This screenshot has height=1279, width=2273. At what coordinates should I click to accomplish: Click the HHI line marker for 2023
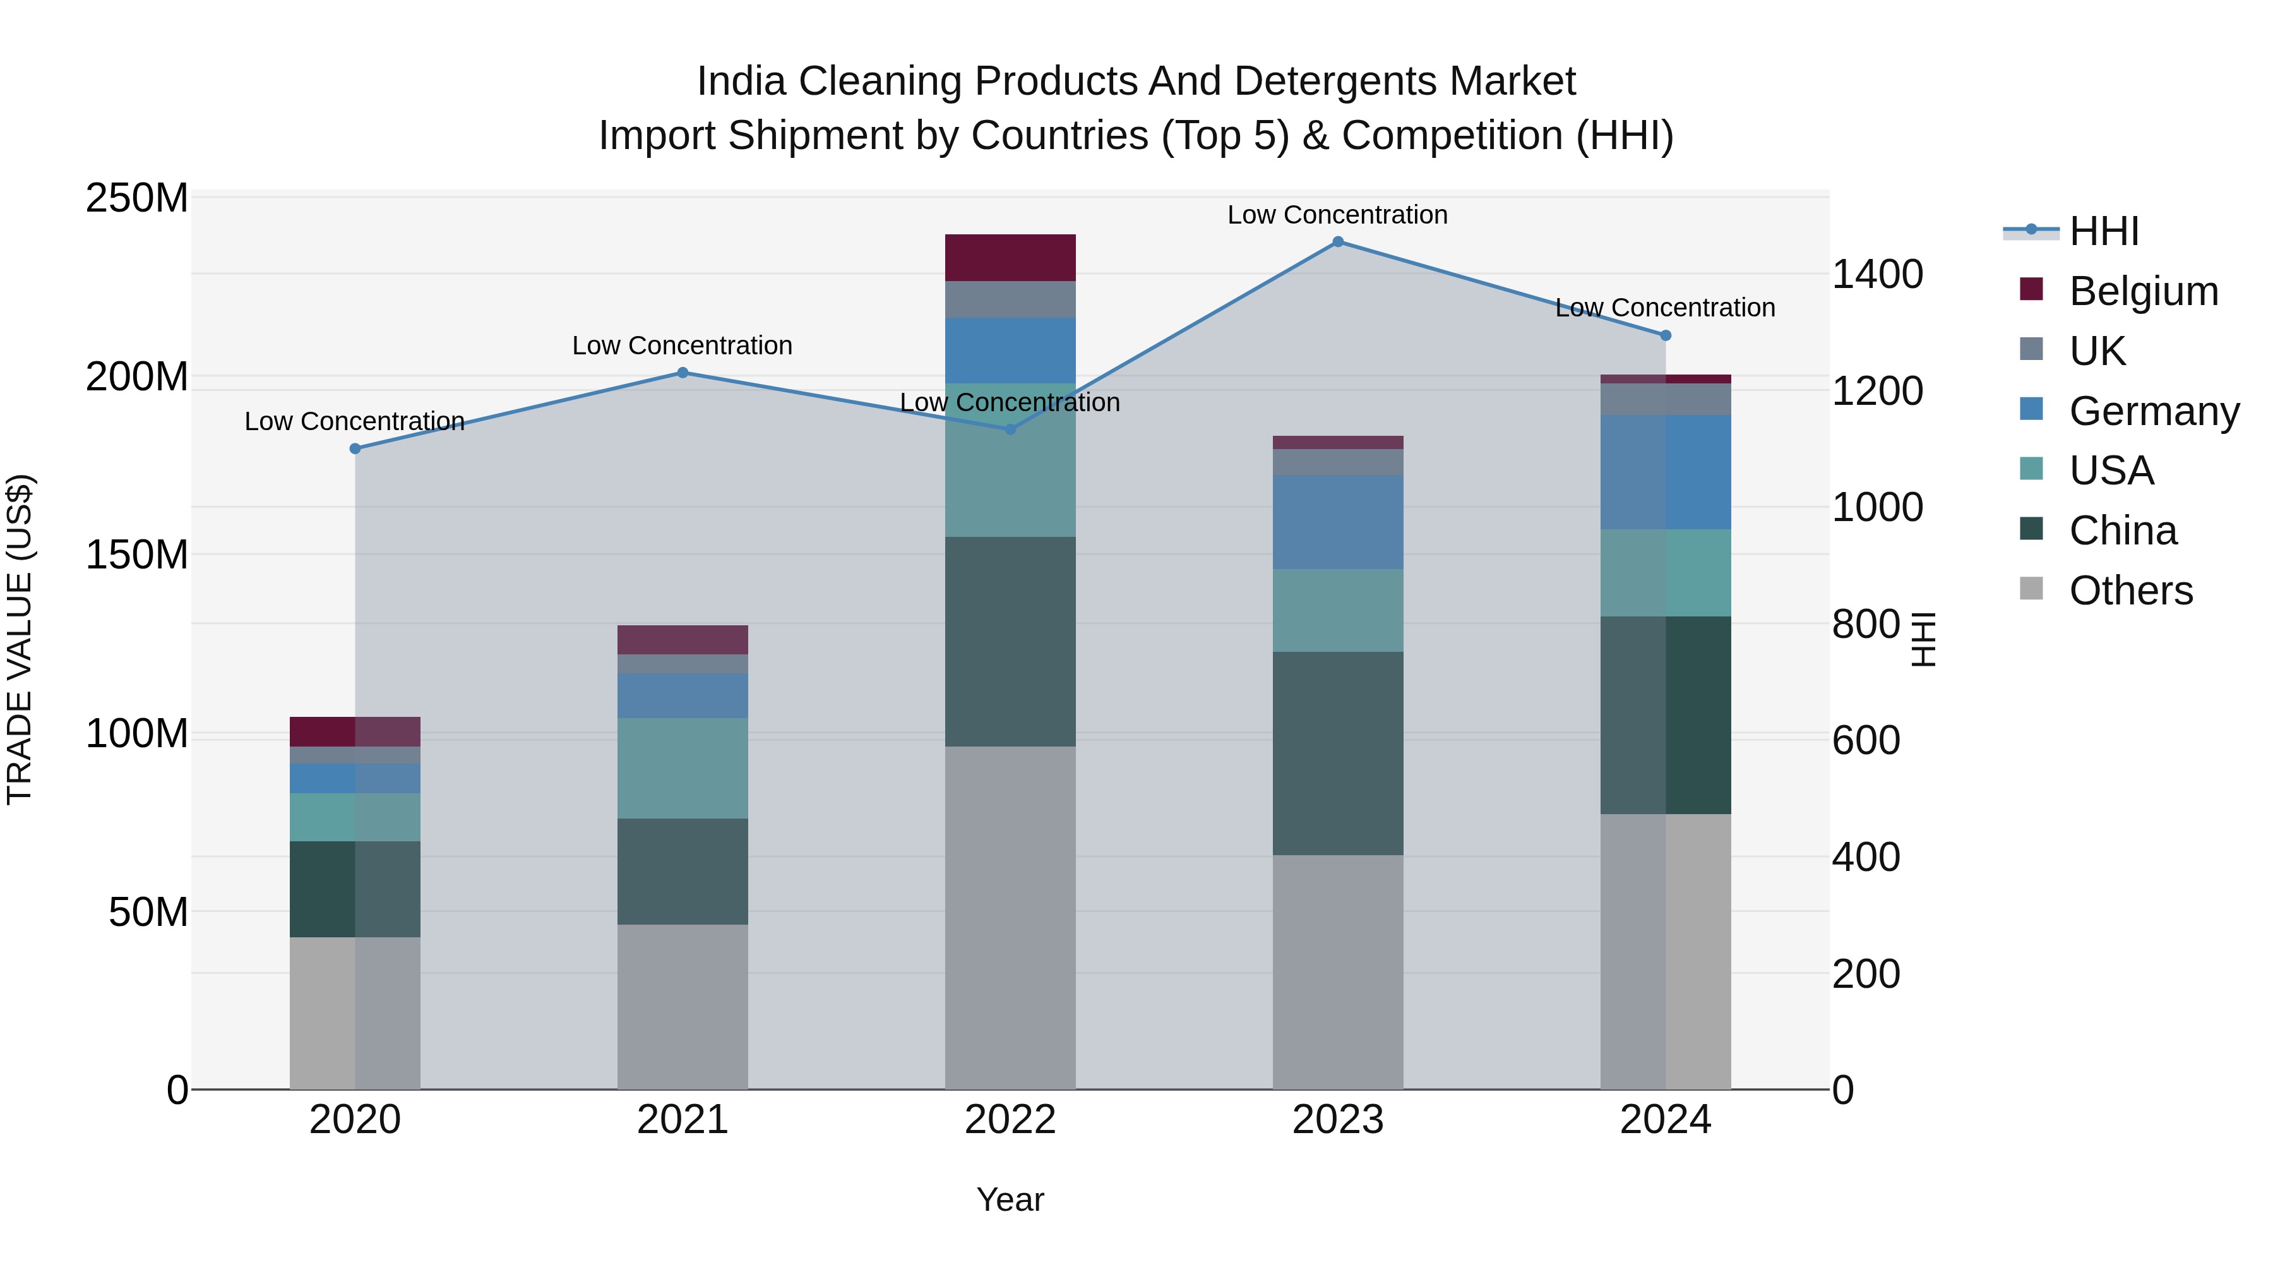1338,242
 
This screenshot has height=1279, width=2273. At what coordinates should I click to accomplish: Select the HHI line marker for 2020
355,448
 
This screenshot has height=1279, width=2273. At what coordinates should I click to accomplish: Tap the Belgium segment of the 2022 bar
1010,258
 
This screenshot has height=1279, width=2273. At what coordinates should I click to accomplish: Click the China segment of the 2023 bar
1338,753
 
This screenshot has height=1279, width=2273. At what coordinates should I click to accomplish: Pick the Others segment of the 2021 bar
682,1006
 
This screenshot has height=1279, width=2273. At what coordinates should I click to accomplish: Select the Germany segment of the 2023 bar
1338,522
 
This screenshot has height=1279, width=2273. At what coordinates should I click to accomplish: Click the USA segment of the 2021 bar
682,768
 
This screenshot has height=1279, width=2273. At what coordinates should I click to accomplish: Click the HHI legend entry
2104,231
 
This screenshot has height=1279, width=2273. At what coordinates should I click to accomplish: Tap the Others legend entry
2130,591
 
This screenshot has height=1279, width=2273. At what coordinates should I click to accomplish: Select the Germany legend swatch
2031,409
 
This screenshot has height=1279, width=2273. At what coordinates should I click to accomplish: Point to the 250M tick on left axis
137,198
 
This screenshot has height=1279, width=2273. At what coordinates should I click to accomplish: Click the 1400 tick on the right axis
1878,275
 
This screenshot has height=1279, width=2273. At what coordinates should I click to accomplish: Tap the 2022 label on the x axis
1010,1120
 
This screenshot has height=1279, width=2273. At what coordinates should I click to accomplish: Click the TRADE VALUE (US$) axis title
20,639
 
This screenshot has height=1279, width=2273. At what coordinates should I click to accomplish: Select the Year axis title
1010,1199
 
